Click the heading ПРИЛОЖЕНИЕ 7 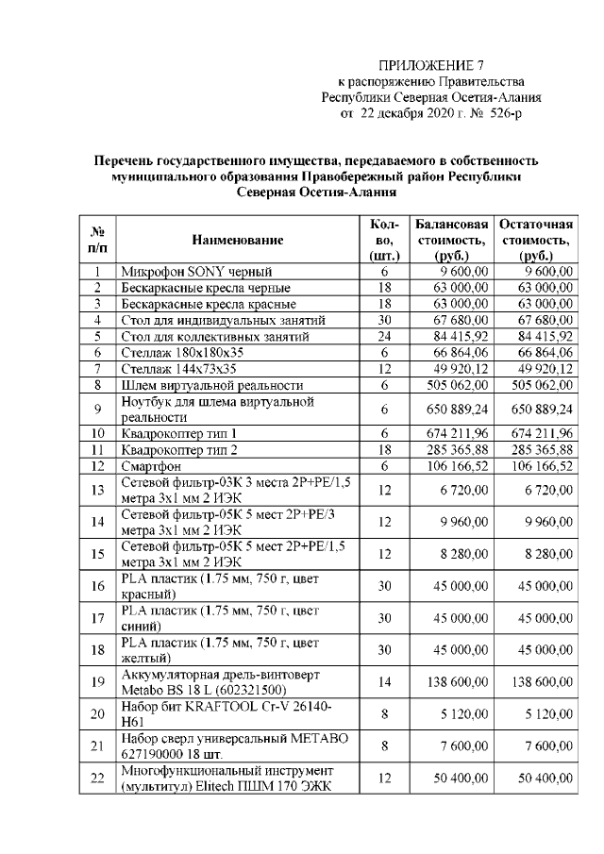[430, 65]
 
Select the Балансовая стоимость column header [451, 240]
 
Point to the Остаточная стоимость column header [535, 240]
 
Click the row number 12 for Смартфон [96, 465]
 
